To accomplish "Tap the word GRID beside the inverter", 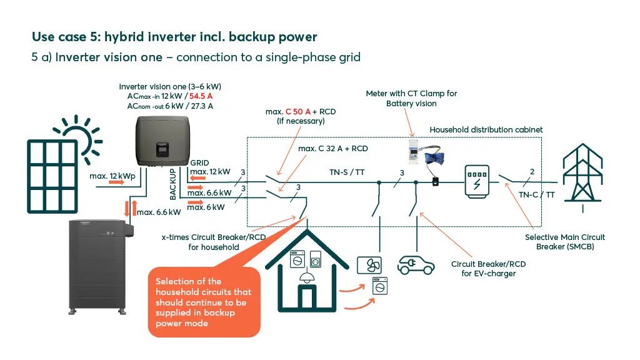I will pyautogui.click(x=200, y=162).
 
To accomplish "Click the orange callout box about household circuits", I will pyautogui.click(x=204, y=302).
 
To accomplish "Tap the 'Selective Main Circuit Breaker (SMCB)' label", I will pyautogui.click(x=565, y=242).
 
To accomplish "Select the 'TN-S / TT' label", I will pyautogui.click(x=347, y=172).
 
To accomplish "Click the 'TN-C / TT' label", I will pyautogui.click(x=536, y=194).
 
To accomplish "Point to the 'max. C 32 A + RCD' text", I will pyautogui.click(x=333, y=149).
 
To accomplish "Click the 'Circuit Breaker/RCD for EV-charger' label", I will pyautogui.click(x=488, y=269).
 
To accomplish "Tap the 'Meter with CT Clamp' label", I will pyautogui.click(x=411, y=98).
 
